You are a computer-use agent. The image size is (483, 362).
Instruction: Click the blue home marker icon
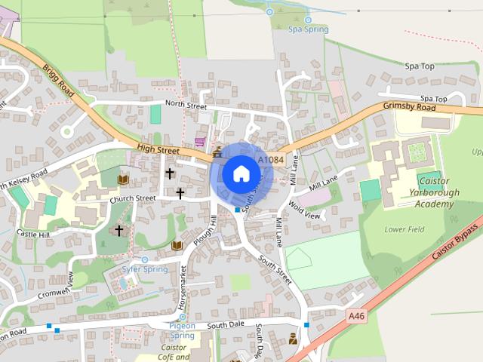tap(240, 174)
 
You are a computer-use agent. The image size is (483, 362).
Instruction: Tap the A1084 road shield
tap(271, 160)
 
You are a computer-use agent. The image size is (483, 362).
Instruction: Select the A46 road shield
tap(357, 317)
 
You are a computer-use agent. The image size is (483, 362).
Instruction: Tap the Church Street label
tap(132, 199)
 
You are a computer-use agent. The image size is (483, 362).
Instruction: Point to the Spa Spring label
tap(309, 30)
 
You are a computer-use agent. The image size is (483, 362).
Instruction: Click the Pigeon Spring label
tap(181, 330)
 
